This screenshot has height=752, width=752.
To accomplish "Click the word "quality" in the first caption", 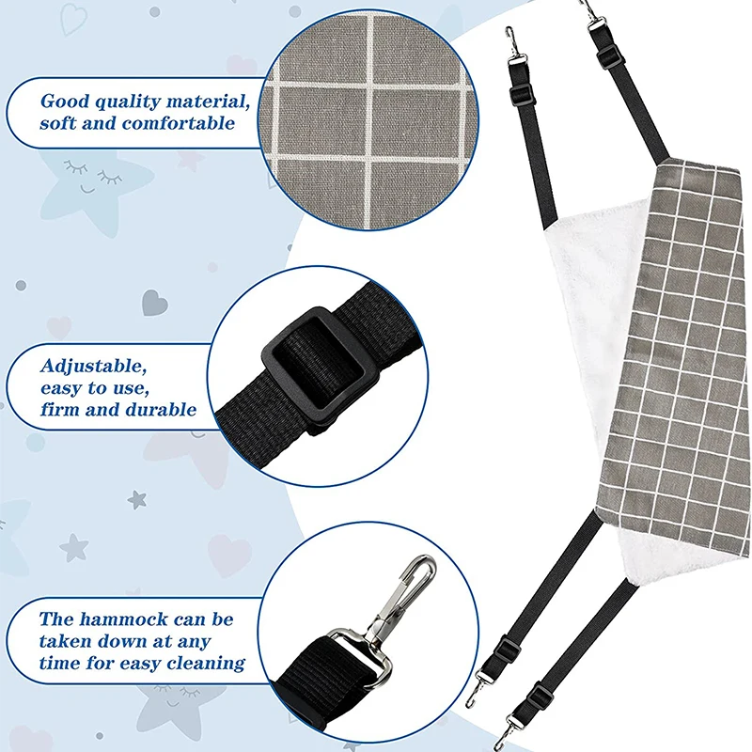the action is point(127,102).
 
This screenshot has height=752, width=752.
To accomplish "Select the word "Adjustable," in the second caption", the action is point(93,367).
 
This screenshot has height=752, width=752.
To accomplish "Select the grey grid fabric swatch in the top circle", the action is point(369,119).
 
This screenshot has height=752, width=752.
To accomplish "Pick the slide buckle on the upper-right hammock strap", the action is point(611,56).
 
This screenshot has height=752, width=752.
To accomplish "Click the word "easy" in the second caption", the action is point(60,388).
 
